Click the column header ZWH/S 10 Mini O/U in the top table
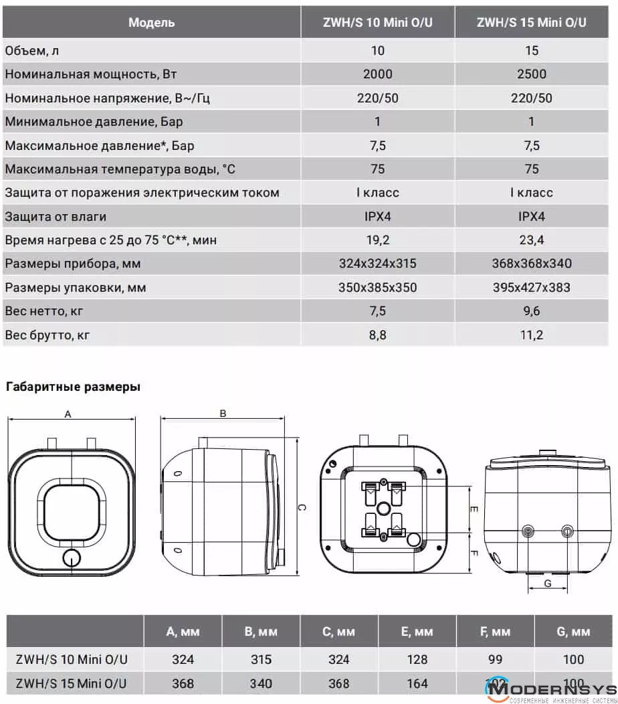377,22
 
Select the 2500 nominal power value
532,74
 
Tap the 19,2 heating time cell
377,240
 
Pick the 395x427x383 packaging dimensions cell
532,288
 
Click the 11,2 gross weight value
532,335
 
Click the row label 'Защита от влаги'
56,217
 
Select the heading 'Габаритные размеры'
73,387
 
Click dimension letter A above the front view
68,414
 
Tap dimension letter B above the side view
223,414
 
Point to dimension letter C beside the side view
302,508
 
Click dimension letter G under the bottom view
547,584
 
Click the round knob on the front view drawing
71,558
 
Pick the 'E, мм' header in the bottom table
417,632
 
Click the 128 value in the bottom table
417,660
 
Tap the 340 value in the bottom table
261,684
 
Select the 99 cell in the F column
495,660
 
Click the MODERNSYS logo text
556,689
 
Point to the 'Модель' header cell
152,22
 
